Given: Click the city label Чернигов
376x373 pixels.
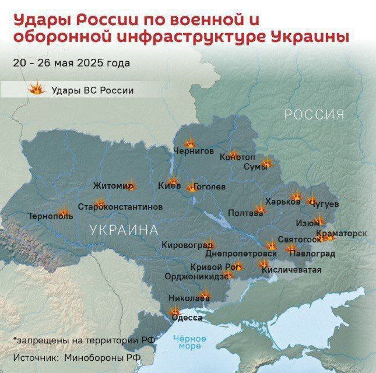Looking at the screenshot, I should [x=194, y=151].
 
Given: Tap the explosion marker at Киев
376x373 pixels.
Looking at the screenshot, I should [x=173, y=181].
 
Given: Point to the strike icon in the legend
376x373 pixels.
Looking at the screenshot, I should [x=37, y=90].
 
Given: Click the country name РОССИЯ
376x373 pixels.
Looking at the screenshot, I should [x=314, y=115].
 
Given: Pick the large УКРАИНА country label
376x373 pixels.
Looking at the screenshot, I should [x=124, y=230].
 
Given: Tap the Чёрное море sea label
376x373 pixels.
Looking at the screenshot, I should [x=190, y=342].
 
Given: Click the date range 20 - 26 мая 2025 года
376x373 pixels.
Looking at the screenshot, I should [x=71, y=63].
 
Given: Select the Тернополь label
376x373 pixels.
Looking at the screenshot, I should [x=51, y=216].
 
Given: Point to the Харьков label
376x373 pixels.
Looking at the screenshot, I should [x=283, y=202].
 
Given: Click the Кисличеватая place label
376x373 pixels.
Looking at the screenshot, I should [x=291, y=270].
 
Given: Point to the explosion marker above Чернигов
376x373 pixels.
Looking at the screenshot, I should [x=190, y=142].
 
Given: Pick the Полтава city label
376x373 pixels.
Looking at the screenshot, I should [x=245, y=213].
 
